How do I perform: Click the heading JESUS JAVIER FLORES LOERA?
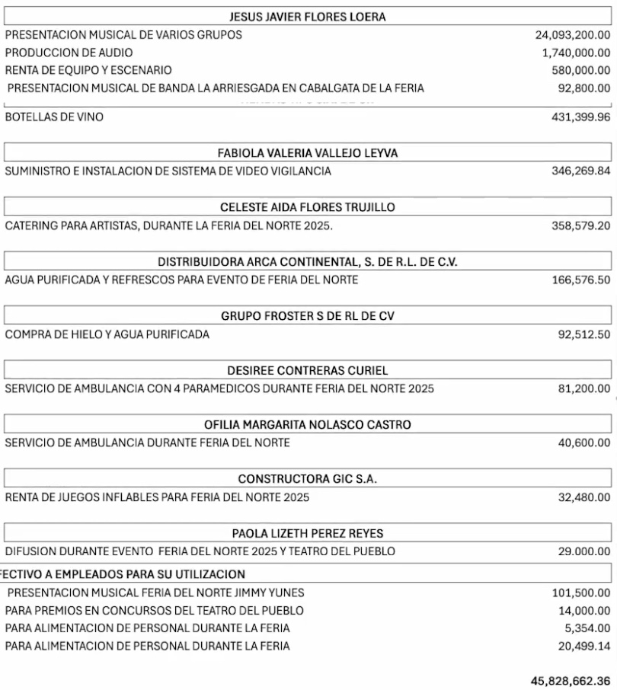point(308,16)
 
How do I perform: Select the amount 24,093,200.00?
point(573,35)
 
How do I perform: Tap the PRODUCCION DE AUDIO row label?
point(69,53)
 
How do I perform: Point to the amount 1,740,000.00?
point(577,53)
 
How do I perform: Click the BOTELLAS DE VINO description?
point(54,117)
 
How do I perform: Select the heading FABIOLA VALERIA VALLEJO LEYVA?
point(308,153)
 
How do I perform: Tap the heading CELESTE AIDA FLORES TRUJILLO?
point(308,207)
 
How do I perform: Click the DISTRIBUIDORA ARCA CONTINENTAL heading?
point(308,262)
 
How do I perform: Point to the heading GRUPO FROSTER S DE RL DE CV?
point(308,316)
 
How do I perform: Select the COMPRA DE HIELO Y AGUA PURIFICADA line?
point(107,334)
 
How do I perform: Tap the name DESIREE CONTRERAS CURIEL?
point(308,371)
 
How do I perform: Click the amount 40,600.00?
point(584,442)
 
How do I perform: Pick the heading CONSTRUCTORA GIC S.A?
point(308,479)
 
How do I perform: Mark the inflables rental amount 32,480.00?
point(584,498)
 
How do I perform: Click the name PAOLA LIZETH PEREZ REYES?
point(308,533)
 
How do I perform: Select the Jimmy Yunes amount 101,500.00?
point(580,593)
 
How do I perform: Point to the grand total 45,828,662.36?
point(571,679)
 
